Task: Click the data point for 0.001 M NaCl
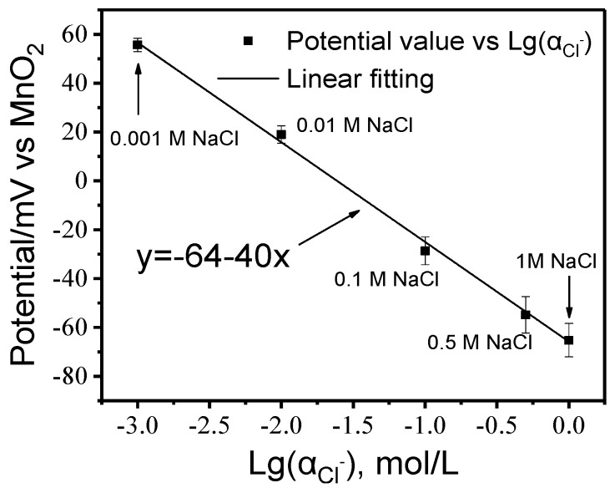(x=138, y=44)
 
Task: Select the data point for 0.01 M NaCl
(x=281, y=134)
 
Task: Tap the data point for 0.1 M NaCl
(x=425, y=250)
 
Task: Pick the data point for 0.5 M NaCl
(x=526, y=314)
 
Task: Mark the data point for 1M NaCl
(x=569, y=340)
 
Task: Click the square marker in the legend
(x=247, y=40)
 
